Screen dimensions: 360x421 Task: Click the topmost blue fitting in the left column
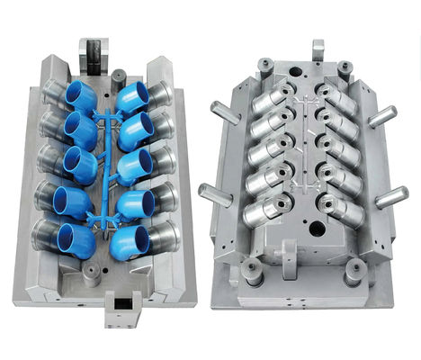tap(83, 95)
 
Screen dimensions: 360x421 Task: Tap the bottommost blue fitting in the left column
tap(76, 238)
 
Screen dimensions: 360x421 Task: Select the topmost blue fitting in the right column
tap(132, 96)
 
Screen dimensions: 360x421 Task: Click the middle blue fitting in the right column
tap(135, 166)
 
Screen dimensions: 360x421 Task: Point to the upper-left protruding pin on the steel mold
tap(225, 112)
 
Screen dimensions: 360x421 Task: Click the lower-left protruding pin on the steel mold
tap(215, 193)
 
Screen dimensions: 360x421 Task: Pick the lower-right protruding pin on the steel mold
tap(390, 196)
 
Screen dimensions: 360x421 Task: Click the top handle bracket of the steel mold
tap(317, 50)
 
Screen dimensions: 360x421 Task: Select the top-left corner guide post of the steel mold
tap(264, 66)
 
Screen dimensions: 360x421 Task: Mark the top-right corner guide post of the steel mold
tap(345, 67)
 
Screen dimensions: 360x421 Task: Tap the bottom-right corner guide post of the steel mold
tap(354, 270)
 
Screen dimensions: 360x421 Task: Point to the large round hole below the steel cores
tap(316, 229)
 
